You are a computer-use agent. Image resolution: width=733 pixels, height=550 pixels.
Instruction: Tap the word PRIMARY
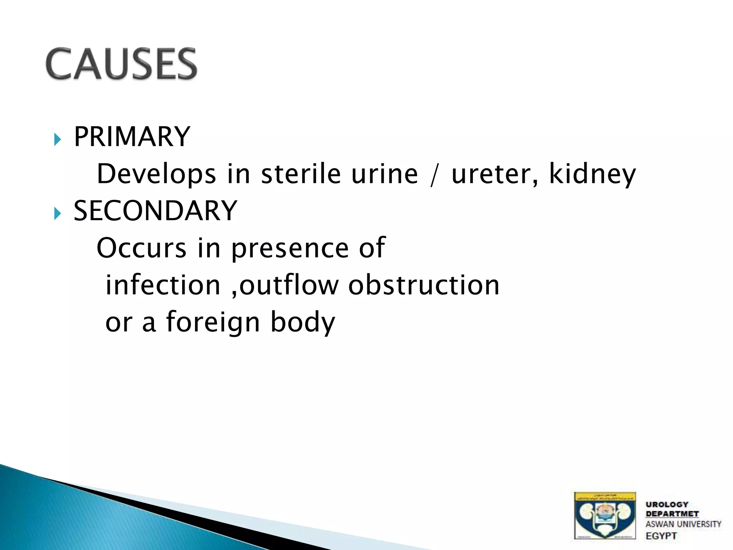point(132,137)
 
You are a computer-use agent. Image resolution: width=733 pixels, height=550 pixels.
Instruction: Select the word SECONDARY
point(155,211)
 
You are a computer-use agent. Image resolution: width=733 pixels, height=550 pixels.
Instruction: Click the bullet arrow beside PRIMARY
point(57,139)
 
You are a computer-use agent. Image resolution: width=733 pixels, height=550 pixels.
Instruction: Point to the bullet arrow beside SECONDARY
point(57,213)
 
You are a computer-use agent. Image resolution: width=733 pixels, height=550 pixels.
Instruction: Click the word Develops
point(156,174)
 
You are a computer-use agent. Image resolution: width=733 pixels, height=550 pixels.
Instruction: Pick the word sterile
point(301,174)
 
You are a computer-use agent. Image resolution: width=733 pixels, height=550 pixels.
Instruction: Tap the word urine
point(384,174)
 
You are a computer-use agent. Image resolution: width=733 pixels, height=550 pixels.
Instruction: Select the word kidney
point(592,174)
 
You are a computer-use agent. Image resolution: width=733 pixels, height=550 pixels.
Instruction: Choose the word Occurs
point(141,248)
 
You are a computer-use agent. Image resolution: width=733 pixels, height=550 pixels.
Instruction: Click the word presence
point(290,249)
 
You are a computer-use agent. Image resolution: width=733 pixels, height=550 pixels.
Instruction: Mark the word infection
point(163,285)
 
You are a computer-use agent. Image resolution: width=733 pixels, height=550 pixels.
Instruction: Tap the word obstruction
point(424,285)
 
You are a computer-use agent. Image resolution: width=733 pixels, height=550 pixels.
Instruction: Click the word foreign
point(213,322)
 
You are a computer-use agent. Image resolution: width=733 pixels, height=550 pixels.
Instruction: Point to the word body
point(303,322)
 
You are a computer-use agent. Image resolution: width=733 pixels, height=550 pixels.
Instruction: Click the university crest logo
point(605,516)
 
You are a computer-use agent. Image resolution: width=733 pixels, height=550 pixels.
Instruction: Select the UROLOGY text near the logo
point(667,505)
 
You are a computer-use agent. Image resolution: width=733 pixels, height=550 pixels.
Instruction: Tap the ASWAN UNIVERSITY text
point(683,524)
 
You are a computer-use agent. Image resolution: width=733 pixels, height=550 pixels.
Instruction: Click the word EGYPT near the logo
point(661,536)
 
